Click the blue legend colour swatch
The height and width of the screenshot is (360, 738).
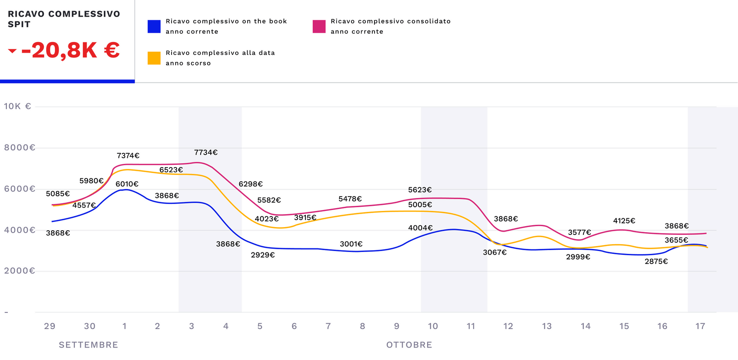pyautogui.click(x=154, y=26)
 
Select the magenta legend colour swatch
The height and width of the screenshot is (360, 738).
pyautogui.click(x=319, y=26)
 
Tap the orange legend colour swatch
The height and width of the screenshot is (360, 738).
pyautogui.click(x=154, y=58)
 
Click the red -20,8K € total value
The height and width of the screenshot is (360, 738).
pyautogui.click(x=71, y=50)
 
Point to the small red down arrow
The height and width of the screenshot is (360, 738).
pyautogui.click(x=12, y=51)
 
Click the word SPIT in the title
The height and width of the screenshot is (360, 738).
pyautogui.click(x=19, y=24)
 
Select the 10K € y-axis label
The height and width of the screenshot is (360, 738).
pyautogui.click(x=18, y=106)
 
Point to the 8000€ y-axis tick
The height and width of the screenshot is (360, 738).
pyautogui.click(x=19, y=148)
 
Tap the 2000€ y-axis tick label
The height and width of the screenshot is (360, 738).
pyautogui.click(x=19, y=271)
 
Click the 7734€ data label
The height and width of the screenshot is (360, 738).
pyautogui.click(x=206, y=152)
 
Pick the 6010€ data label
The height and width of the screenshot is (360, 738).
pyautogui.click(x=127, y=184)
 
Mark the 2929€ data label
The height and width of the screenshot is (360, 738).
pyautogui.click(x=263, y=255)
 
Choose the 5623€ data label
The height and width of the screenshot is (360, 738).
pyautogui.click(x=420, y=190)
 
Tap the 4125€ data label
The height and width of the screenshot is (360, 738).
pyautogui.click(x=624, y=221)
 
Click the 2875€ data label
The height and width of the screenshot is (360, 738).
pyautogui.click(x=656, y=262)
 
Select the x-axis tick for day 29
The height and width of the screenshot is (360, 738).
pyautogui.click(x=49, y=326)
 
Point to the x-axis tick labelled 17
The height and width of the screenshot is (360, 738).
pyautogui.click(x=700, y=326)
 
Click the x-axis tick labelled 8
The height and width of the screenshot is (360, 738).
pyautogui.click(x=363, y=326)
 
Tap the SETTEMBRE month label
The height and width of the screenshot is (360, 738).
pyautogui.click(x=89, y=345)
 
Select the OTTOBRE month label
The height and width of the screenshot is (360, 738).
pyautogui.click(x=409, y=345)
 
